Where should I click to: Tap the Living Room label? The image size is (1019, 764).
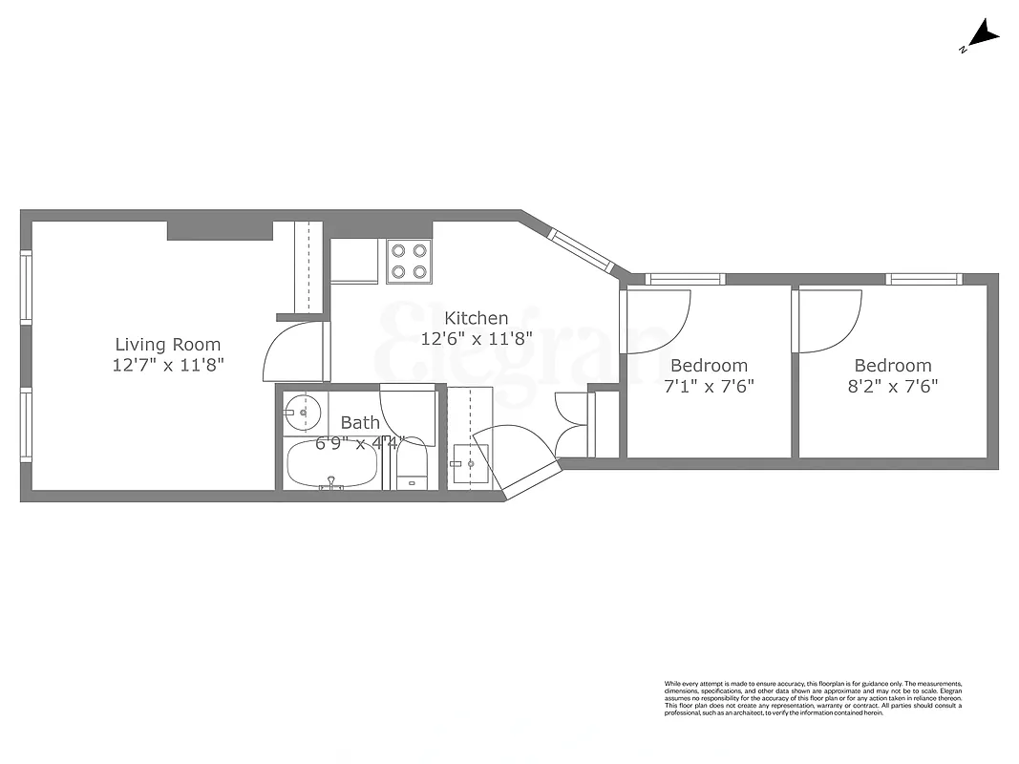click(x=168, y=345)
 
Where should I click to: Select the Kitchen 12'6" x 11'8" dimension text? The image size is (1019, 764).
click(x=477, y=338)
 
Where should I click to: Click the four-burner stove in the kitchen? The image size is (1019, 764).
click(x=409, y=261)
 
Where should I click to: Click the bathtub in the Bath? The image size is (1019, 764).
click(x=331, y=465)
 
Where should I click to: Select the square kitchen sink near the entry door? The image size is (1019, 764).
click(x=470, y=465)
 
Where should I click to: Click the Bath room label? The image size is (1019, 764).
click(x=360, y=422)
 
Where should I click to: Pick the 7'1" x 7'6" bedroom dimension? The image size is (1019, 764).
click(x=709, y=386)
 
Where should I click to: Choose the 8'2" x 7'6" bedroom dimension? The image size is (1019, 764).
click(x=892, y=386)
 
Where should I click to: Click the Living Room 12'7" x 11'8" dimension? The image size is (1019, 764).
click(x=168, y=365)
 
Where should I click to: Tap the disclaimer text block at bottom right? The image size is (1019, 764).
click(x=813, y=699)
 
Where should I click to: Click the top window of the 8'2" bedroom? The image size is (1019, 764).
click(x=923, y=279)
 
